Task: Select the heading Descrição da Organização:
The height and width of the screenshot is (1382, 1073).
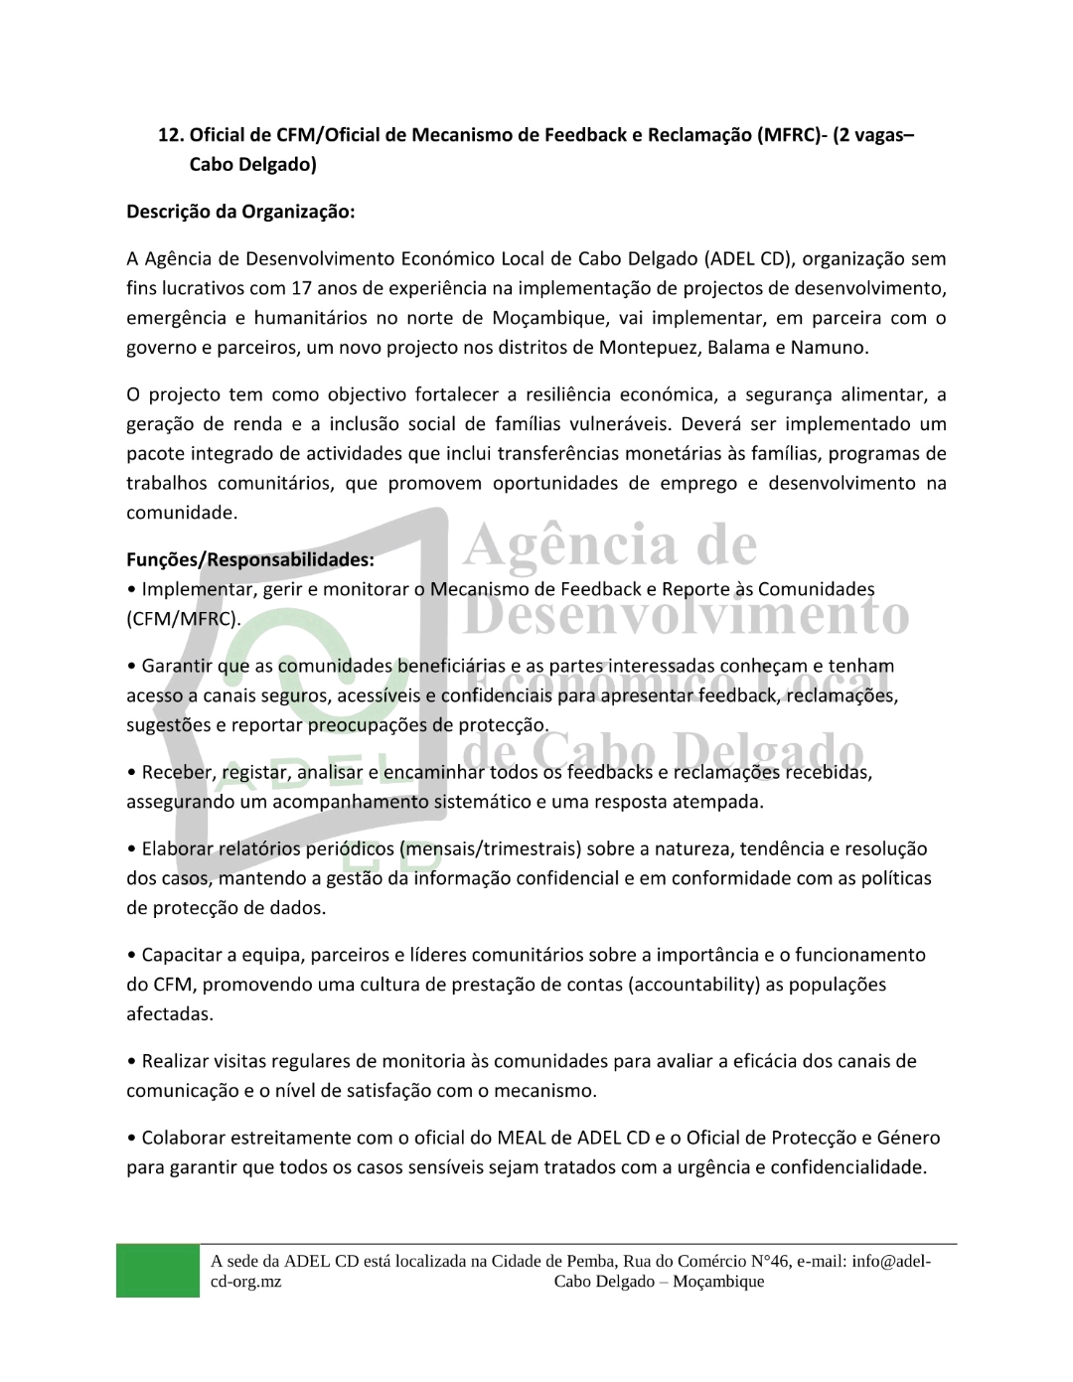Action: click(x=240, y=212)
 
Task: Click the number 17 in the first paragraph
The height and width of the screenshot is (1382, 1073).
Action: click(x=302, y=288)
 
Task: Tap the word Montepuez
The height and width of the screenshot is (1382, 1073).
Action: click(x=646, y=348)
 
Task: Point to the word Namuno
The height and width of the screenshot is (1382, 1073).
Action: click(x=835, y=348)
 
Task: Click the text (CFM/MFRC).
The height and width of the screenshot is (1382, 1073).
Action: click(x=184, y=619)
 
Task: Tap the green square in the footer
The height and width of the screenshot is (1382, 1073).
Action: click(x=157, y=1271)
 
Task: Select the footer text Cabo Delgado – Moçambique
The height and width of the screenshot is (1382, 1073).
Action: click(x=659, y=1282)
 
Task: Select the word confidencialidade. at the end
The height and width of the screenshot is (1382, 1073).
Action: click(x=848, y=1167)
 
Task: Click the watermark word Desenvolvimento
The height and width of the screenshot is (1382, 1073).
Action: click(x=686, y=616)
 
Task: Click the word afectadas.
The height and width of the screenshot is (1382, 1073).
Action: click(x=170, y=1014)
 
